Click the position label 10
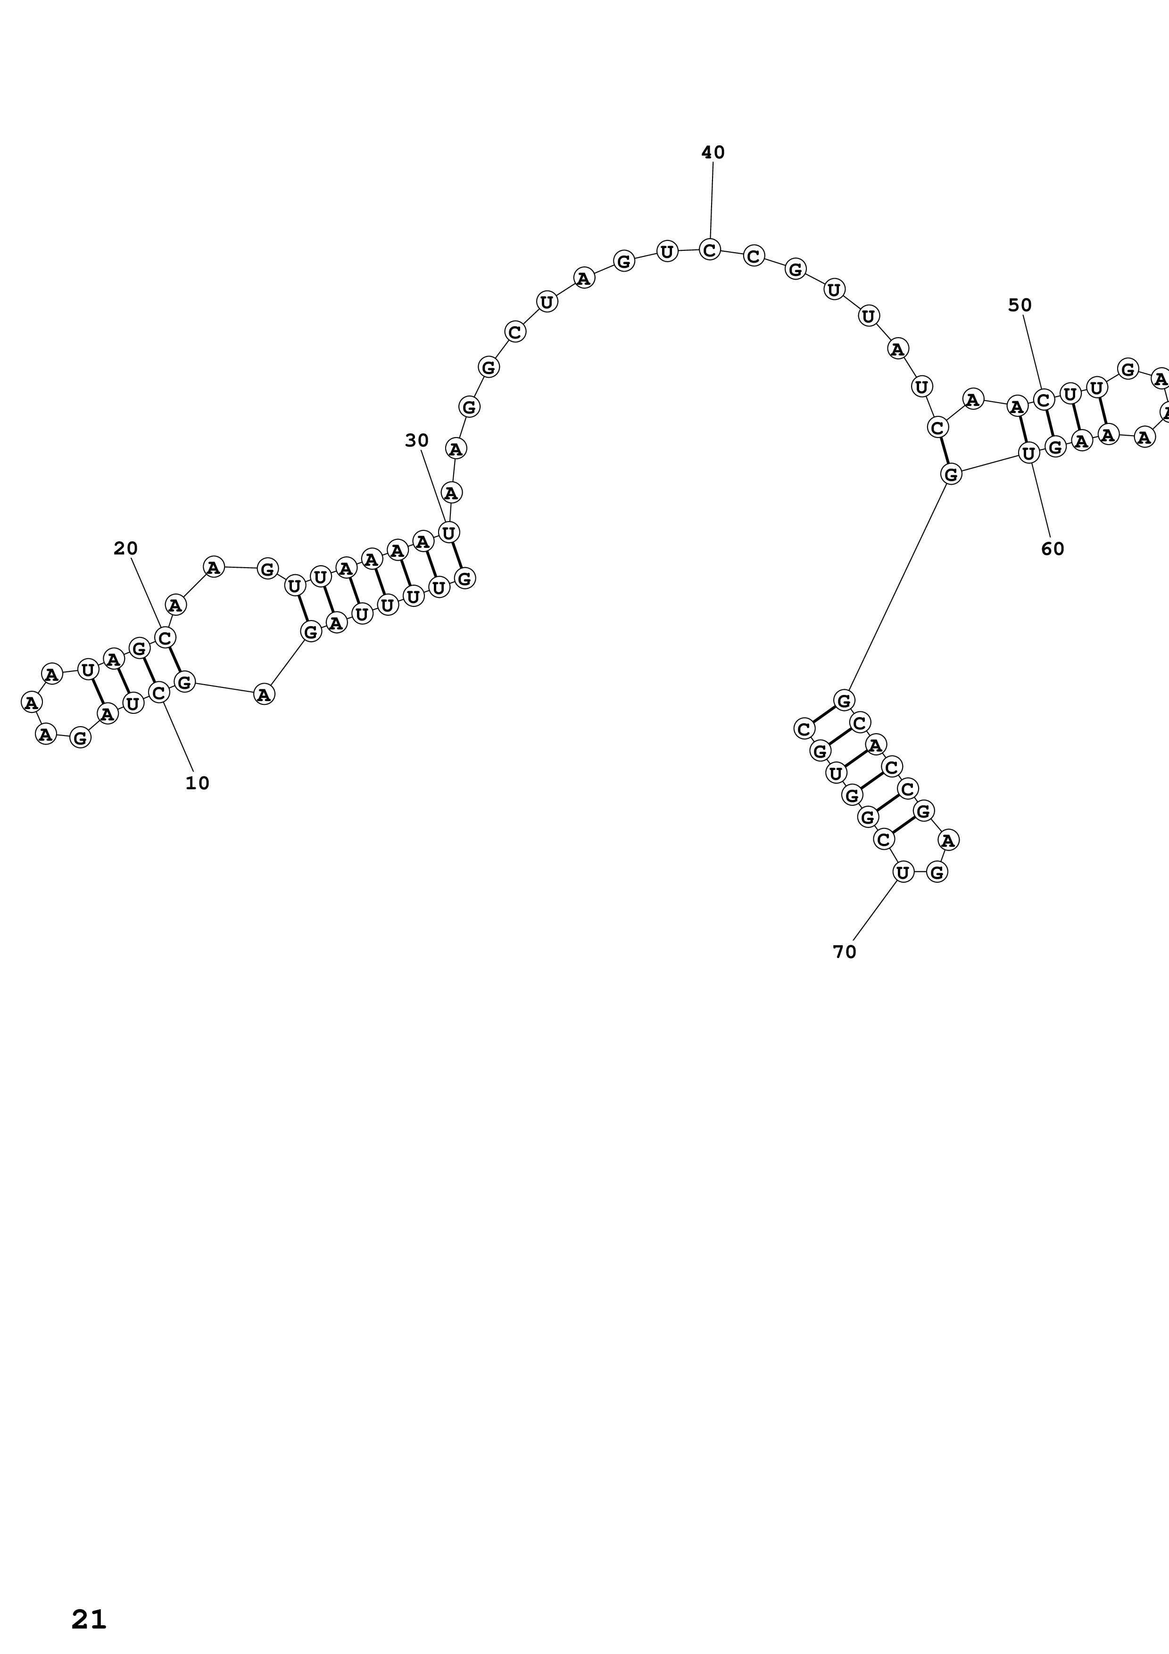coord(198,783)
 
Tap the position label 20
coord(125,548)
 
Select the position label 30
coord(416,440)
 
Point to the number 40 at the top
coord(713,152)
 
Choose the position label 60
coord(1053,548)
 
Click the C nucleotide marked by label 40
coord(710,250)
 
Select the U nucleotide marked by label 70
coord(903,872)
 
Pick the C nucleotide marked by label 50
coord(1044,399)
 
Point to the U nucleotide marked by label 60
coord(1028,453)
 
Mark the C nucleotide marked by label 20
coord(165,637)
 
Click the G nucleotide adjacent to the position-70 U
coord(937,872)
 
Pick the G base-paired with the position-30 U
coord(465,578)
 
